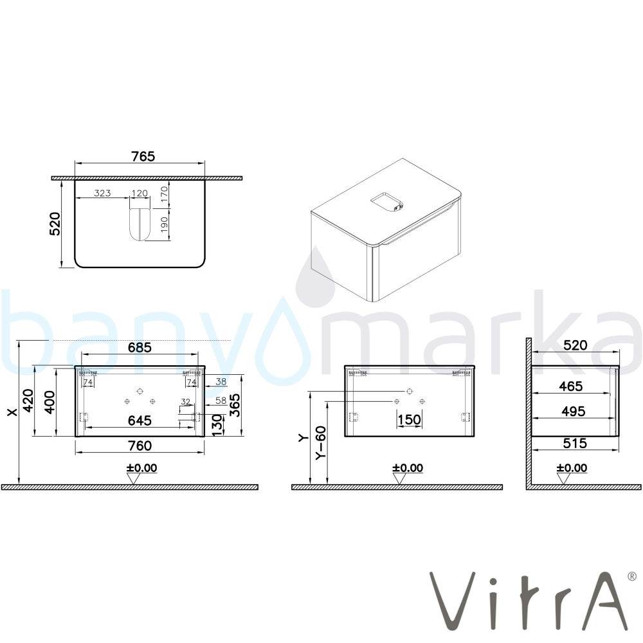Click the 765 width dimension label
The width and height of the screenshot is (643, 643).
tap(143, 156)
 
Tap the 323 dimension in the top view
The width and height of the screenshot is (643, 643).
tap(102, 193)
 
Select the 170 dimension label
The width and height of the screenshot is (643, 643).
tap(164, 194)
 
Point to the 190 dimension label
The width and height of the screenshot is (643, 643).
tap(164, 224)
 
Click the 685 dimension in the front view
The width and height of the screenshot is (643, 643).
tap(140, 347)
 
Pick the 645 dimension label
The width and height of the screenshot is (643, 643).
tap(140, 421)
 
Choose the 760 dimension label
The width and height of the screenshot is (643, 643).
tap(140, 446)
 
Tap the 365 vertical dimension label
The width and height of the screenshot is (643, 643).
tap(235, 405)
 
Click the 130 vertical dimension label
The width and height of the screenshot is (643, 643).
tap(217, 425)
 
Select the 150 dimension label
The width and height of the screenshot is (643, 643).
tap(409, 419)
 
